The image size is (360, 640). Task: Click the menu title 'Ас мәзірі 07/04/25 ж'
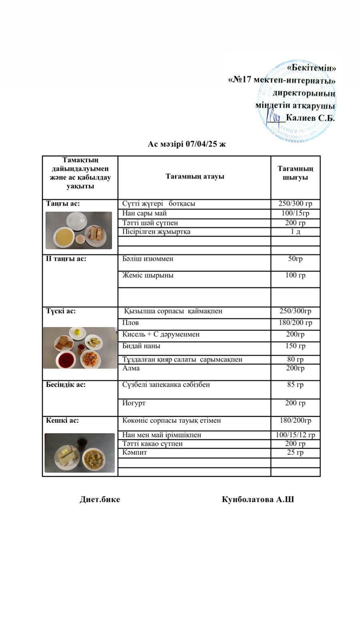(186, 144)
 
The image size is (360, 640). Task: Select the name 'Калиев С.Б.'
(310, 118)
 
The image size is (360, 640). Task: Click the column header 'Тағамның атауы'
(195, 176)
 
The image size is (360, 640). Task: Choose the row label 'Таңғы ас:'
(63, 204)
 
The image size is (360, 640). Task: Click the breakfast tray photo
(79, 230)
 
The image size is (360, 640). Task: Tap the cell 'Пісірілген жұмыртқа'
(156, 232)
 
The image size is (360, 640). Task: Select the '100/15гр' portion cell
(295, 213)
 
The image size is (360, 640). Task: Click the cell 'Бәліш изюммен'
(148, 259)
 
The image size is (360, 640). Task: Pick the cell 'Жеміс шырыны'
(148, 275)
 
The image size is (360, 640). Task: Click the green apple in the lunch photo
(77, 332)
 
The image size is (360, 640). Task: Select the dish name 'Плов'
(131, 323)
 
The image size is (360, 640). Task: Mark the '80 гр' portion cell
(295, 359)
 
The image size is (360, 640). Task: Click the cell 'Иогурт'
(134, 403)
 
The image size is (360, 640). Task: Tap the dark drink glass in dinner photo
(82, 442)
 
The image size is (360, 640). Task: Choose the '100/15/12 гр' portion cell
(295, 435)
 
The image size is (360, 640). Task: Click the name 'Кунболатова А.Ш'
(258, 499)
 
